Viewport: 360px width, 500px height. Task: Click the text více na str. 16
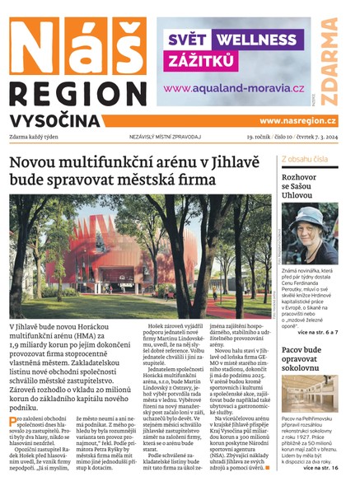pos(319,469)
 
